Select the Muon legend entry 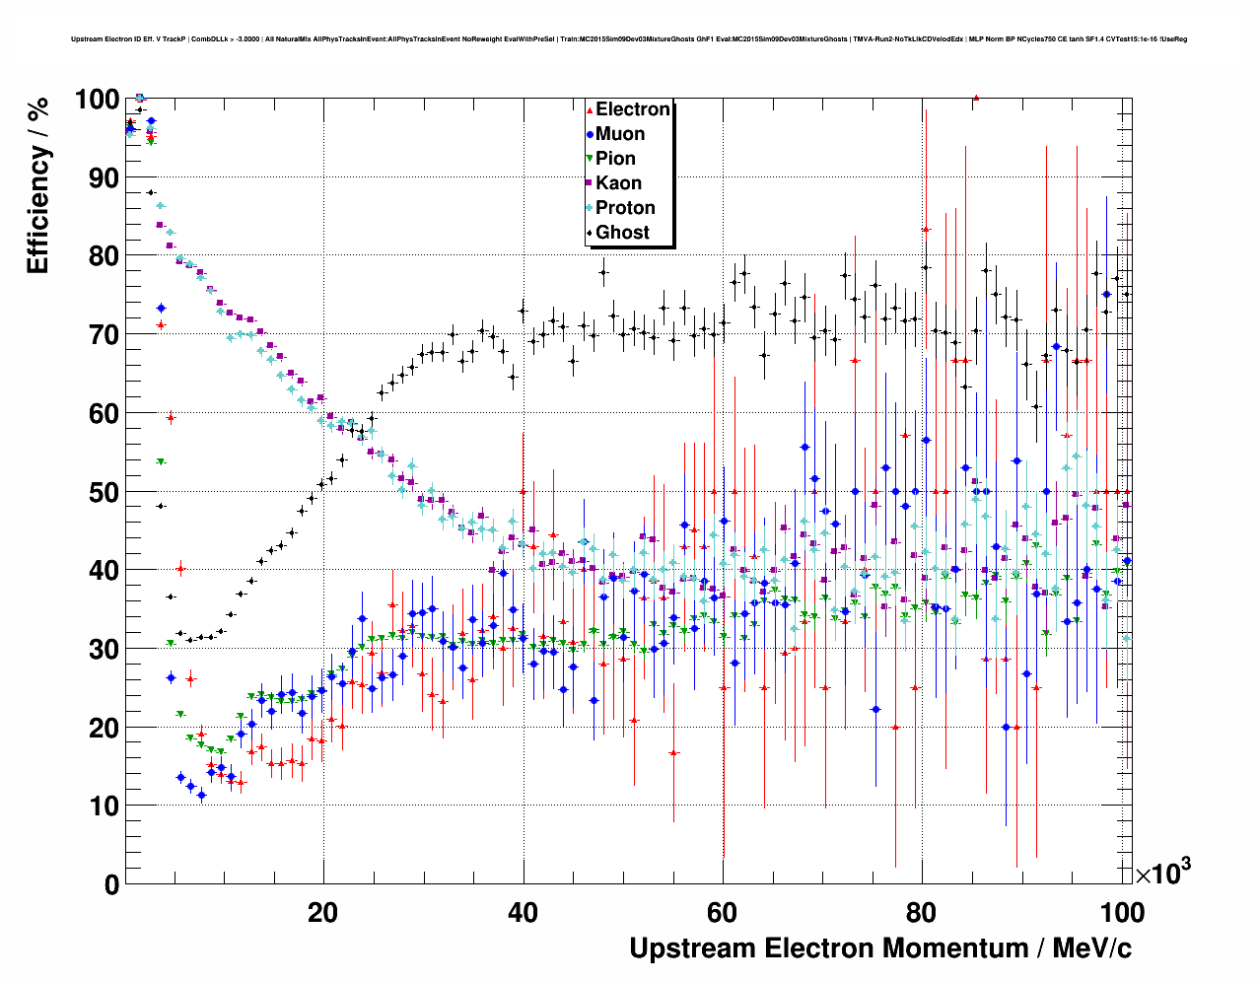(620, 134)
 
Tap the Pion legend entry (615, 159)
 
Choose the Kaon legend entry (618, 183)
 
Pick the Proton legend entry (625, 208)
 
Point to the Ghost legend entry (622, 233)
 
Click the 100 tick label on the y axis (97, 100)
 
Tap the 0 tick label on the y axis (110, 884)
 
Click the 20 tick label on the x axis (323, 912)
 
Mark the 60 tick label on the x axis (723, 912)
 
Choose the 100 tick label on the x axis (1122, 912)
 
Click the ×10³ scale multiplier (1162, 873)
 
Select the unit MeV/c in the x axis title (1092, 948)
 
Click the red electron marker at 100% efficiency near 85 (975, 98)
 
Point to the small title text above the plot (629, 39)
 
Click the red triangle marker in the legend (590, 109)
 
